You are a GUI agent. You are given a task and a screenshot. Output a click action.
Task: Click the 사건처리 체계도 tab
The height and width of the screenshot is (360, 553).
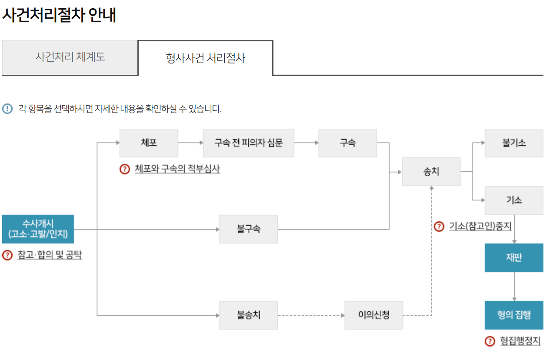(70, 57)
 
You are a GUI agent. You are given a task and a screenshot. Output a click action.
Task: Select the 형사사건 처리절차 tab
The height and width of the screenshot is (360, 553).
(205, 58)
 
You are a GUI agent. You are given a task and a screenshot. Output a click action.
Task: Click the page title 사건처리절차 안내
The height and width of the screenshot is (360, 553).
(59, 15)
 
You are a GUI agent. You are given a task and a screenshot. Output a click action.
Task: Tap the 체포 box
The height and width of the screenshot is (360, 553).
(149, 143)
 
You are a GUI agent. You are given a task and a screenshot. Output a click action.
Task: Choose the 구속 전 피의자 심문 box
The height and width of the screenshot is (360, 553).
(248, 143)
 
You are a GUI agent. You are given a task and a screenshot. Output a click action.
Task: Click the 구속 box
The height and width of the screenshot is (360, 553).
(347, 143)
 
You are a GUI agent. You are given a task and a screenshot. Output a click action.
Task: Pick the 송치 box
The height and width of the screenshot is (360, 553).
(431, 172)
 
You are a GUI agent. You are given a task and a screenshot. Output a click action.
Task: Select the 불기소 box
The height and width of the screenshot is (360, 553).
(514, 143)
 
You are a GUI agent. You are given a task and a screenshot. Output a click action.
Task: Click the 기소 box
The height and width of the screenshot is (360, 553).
(514, 200)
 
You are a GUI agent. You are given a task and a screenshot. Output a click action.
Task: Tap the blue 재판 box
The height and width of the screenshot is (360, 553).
(514, 258)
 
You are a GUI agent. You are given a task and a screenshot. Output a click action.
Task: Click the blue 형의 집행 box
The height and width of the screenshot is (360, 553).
(514, 315)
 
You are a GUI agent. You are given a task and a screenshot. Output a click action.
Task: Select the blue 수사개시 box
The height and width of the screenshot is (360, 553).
(38, 229)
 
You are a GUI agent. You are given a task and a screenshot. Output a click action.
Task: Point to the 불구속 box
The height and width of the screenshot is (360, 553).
(248, 229)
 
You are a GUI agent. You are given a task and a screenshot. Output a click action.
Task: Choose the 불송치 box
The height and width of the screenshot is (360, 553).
(248, 315)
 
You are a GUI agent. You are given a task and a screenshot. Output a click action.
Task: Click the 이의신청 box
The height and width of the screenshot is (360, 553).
(374, 315)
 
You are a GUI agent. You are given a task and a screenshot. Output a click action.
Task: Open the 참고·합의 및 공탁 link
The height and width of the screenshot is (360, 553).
(50, 255)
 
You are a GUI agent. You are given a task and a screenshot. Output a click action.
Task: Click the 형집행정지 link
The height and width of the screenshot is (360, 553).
(520, 341)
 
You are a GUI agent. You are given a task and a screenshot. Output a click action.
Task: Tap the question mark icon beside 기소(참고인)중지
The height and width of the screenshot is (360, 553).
(440, 227)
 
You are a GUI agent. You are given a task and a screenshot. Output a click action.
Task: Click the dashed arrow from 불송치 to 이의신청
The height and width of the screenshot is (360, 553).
(311, 315)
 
